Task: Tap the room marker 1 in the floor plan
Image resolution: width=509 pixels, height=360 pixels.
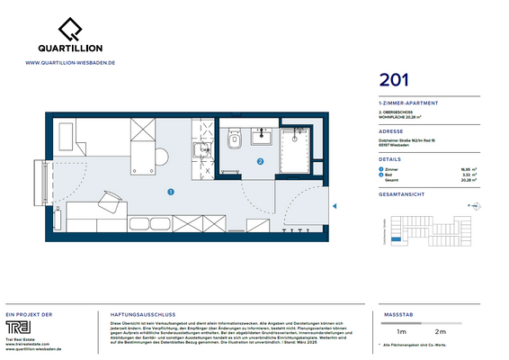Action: tap(170, 191)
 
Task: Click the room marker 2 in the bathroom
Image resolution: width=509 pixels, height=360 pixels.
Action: tap(260, 163)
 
